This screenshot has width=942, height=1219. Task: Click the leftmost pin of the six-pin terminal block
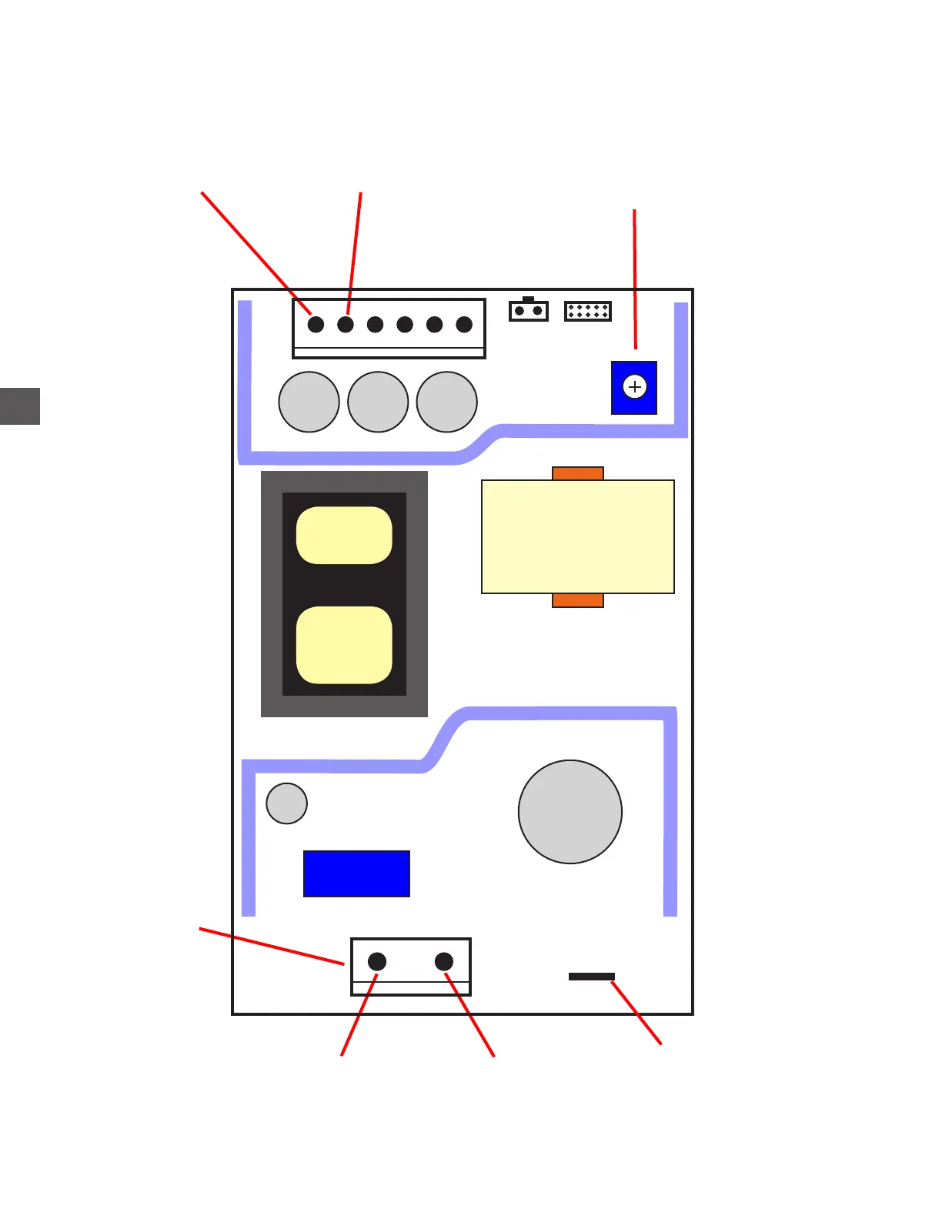tap(316, 325)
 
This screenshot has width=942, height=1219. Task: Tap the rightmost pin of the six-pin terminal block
tap(464, 325)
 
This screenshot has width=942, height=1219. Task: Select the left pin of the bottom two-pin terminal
tap(377, 961)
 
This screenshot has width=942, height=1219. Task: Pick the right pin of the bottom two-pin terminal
tap(444, 961)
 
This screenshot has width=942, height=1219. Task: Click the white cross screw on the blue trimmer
tap(635, 387)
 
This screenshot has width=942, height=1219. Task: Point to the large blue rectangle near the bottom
tap(356, 873)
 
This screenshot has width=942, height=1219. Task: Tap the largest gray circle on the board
tap(570, 812)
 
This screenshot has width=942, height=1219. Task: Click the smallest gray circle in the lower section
tap(287, 803)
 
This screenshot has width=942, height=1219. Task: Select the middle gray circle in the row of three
tap(378, 402)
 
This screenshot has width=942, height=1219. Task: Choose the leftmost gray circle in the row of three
tap(309, 402)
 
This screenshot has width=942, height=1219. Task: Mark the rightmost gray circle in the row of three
tap(447, 402)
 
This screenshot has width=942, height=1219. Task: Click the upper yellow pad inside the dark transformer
tap(344, 535)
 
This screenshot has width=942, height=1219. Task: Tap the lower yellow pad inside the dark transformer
tap(344, 645)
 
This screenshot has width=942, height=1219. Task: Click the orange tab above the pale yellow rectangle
tap(578, 473)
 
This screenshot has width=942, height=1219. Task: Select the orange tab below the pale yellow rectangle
tap(578, 600)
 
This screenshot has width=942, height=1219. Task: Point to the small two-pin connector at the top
tap(529, 311)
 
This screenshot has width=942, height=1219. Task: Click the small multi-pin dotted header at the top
tap(588, 311)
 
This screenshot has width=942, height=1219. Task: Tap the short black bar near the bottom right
tap(592, 977)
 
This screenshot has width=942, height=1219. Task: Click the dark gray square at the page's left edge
tap(20, 406)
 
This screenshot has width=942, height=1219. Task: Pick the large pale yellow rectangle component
tap(578, 536)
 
